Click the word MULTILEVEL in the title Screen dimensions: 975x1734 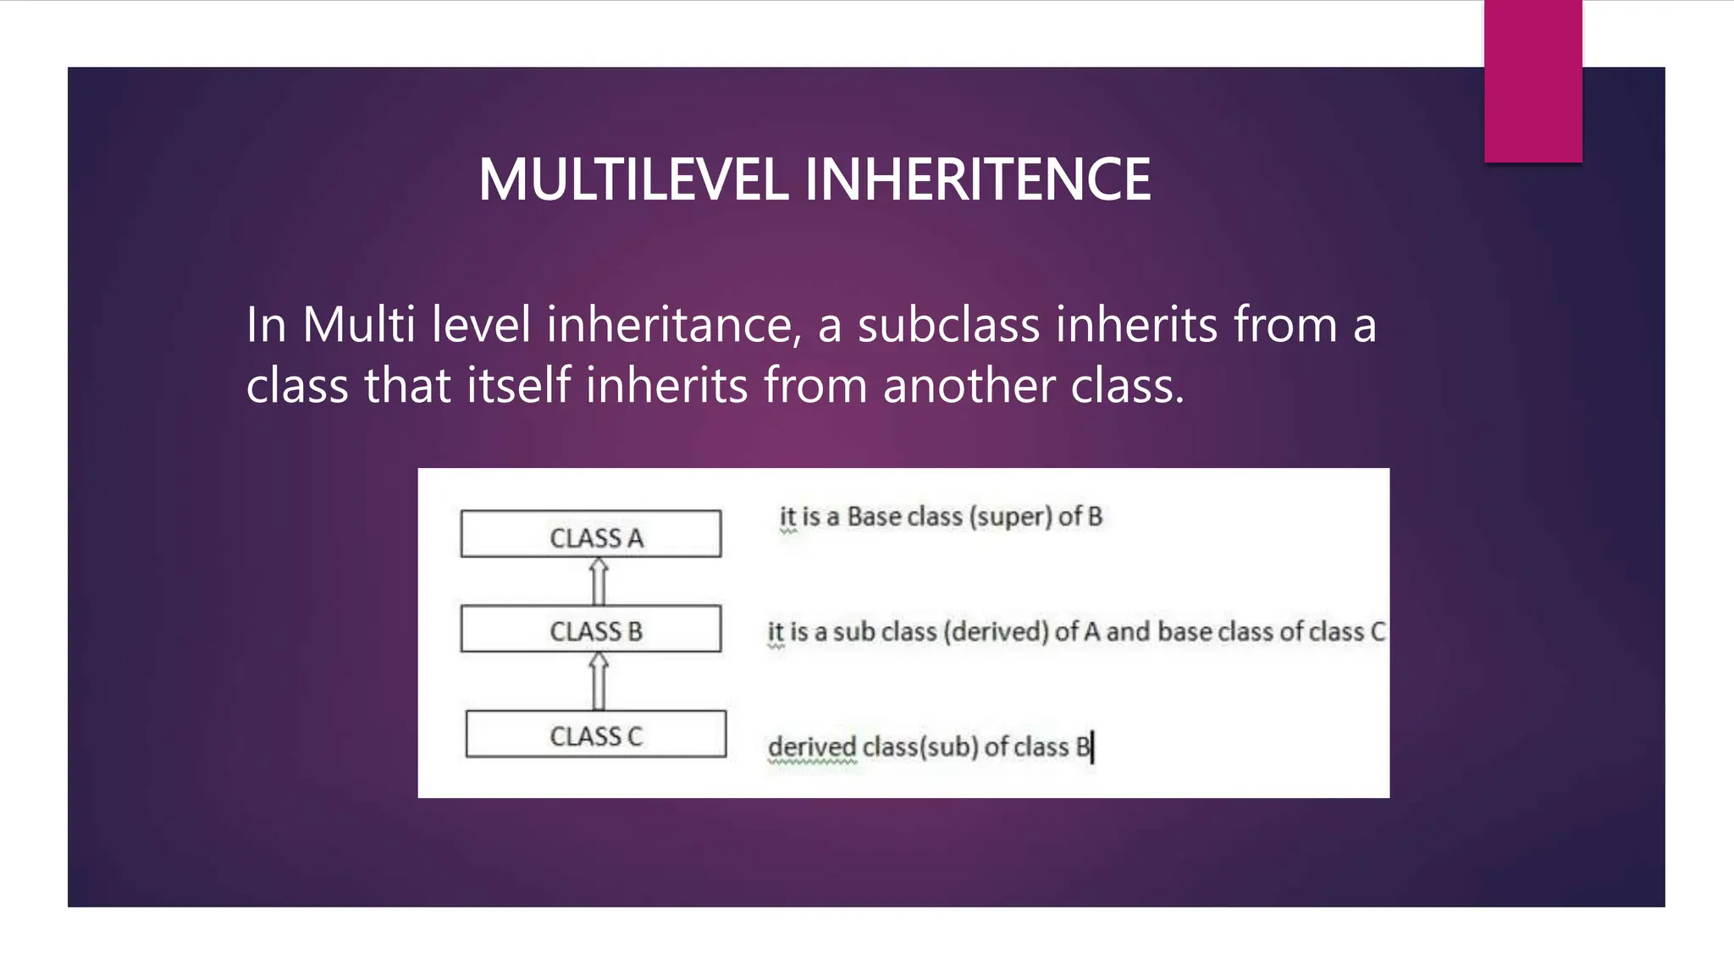pos(633,179)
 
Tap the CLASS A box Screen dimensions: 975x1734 pos(591,534)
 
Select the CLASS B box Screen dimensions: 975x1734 pos(591,629)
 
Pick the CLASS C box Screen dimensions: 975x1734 pos(595,734)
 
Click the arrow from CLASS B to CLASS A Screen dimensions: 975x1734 pos(599,581)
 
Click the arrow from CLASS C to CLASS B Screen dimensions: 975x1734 pos(599,680)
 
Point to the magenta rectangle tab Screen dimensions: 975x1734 pos(1532,80)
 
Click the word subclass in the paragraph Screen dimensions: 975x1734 pos(948,325)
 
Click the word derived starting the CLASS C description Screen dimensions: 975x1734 pos(811,746)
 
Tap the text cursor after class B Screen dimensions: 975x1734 pos(1093,747)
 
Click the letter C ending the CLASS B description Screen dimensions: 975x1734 pos(1377,631)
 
